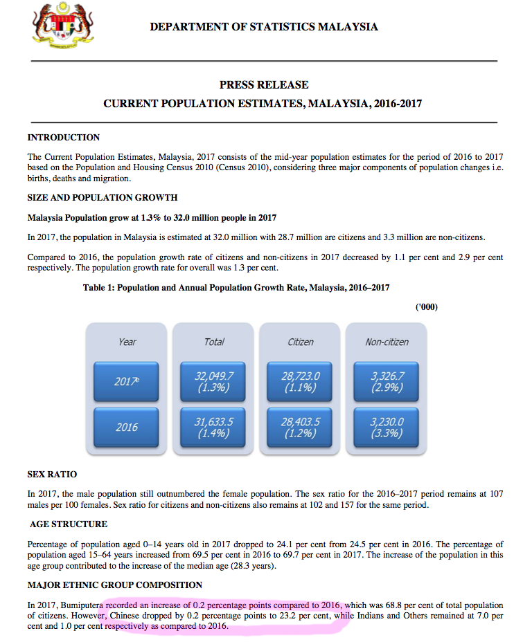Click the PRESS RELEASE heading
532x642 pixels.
tap(264, 85)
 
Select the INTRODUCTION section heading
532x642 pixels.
tap(64, 138)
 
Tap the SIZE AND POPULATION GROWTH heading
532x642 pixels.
tap(103, 198)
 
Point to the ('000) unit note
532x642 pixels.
tap(427, 307)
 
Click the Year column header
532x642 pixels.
tap(127, 342)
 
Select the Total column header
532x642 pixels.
tap(214, 342)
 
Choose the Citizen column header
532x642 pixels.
tap(301, 342)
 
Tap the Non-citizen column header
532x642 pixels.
tap(387, 342)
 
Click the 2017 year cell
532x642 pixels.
tap(127, 381)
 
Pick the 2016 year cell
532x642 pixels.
tap(127, 428)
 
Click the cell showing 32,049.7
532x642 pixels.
tap(214, 381)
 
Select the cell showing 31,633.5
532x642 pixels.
tap(214, 428)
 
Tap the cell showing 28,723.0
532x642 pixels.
tap(301, 381)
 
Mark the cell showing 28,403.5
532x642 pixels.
tap(301, 428)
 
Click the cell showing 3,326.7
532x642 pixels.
tap(387, 381)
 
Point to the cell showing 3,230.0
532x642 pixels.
tap(387, 428)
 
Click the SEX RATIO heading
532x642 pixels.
tap(53, 475)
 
